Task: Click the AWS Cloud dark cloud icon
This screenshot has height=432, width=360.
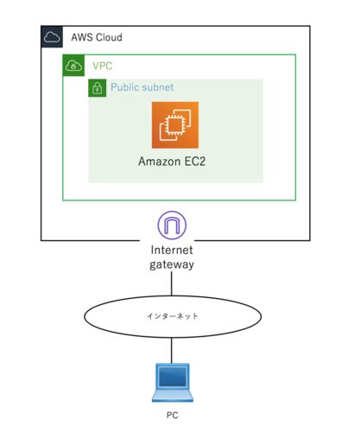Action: tap(52, 37)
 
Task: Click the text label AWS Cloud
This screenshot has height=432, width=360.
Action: tap(97, 37)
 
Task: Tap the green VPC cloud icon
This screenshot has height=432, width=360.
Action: tap(73, 66)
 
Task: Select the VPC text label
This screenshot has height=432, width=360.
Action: tap(103, 66)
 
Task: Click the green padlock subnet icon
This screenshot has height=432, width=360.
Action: tap(98, 88)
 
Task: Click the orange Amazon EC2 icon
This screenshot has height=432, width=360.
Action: tap(175, 125)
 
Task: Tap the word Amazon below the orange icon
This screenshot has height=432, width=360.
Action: tap(160, 162)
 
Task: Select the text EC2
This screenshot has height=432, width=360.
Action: tap(195, 162)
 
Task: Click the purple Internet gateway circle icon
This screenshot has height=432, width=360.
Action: tap(172, 226)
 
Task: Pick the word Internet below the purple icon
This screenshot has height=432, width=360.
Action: tap(172, 250)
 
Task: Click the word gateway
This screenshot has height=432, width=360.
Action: tap(172, 264)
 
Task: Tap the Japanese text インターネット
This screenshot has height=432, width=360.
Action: tap(173, 316)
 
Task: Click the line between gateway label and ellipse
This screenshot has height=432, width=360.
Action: tap(172, 283)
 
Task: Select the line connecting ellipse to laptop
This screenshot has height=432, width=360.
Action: tap(172, 351)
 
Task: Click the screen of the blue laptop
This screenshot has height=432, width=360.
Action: tap(173, 377)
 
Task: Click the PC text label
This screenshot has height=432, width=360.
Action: tap(173, 416)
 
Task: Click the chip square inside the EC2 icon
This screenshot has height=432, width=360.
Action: tap(174, 125)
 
